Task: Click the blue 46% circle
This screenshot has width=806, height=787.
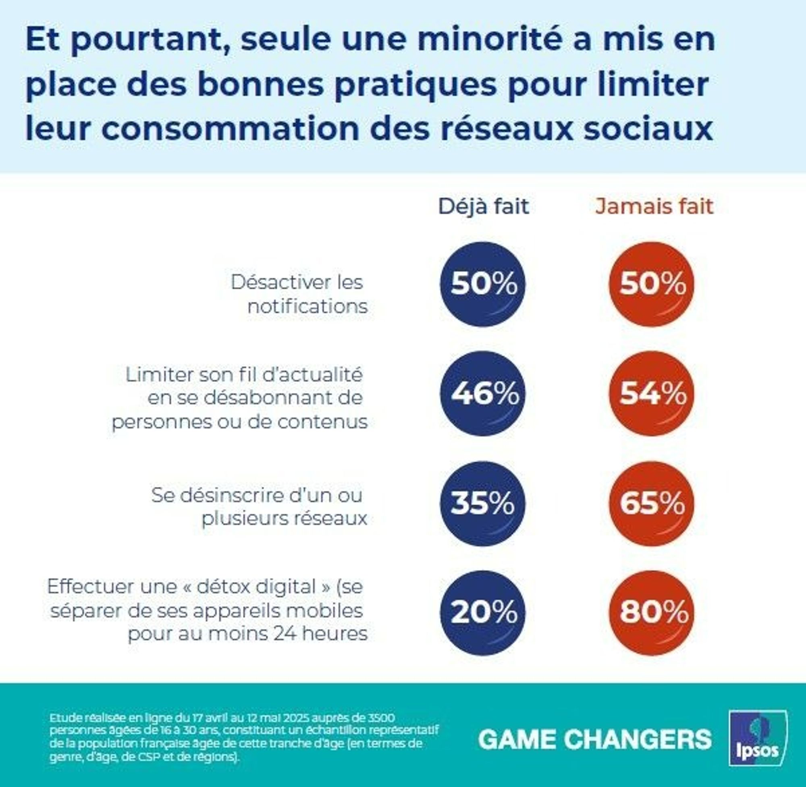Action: (483, 393)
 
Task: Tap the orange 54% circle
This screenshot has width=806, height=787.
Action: (652, 393)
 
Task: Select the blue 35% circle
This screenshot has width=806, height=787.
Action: (483, 503)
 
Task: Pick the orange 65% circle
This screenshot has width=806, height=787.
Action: (652, 503)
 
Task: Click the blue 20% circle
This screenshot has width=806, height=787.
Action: (483, 613)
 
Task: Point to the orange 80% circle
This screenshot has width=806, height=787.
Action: (652, 613)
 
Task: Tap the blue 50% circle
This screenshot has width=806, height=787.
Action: (483, 284)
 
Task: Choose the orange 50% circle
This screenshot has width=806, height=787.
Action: (652, 284)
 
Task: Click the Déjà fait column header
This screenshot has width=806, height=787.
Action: (484, 207)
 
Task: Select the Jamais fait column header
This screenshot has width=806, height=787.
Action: (654, 207)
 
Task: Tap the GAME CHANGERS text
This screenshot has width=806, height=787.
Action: (595, 739)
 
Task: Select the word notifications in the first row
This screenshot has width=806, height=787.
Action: (307, 307)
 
